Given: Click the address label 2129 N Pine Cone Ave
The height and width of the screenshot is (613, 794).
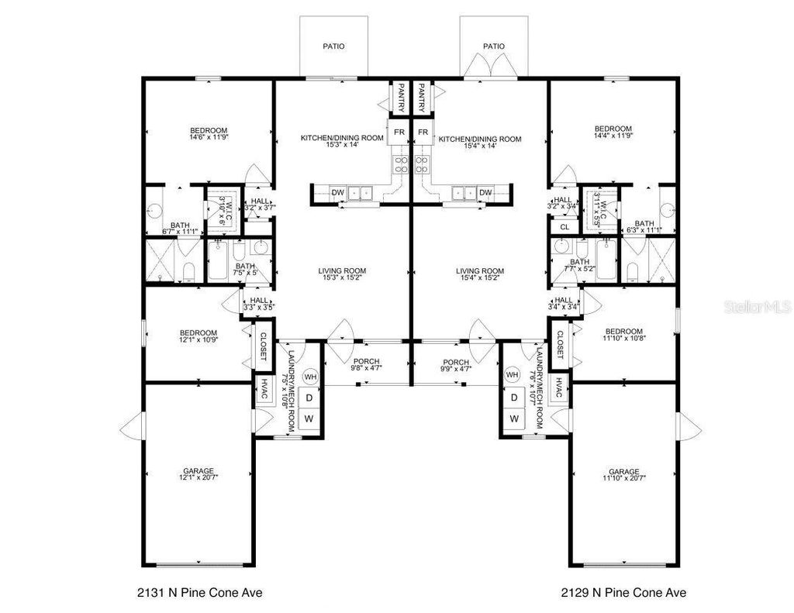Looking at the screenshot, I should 623,593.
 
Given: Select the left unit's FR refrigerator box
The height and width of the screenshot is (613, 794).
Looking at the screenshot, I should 399,133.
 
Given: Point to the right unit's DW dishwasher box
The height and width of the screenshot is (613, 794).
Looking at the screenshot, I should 485,192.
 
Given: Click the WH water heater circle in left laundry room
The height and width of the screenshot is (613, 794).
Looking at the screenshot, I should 310,377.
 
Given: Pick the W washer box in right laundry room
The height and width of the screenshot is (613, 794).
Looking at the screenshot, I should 513,418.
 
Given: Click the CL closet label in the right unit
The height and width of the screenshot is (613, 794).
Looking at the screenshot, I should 564,227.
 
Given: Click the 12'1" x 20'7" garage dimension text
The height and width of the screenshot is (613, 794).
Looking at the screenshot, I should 198,478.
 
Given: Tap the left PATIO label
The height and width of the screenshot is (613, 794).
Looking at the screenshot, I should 333,46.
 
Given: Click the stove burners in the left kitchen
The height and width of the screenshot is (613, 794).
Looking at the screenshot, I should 402,164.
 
